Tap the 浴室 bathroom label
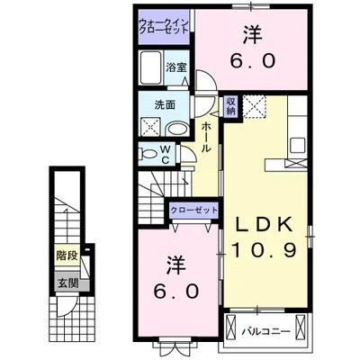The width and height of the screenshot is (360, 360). pyautogui.click(x=175, y=66)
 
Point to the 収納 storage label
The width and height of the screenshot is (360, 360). pyautogui.click(x=230, y=106)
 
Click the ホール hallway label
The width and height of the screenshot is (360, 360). pyautogui.click(x=206, y=139)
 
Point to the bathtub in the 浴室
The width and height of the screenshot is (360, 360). pyautogui.click(x=150, y=67)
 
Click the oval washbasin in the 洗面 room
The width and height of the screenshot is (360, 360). pyautogui.click(x=178, y=127)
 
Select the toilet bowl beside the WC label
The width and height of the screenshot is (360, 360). pyautogui.click(x=148, y=153)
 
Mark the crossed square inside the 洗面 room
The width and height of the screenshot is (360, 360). pyautogui.click(x=148, y=127)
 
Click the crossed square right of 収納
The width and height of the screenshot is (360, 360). pyautogui.click(x=254, y=106)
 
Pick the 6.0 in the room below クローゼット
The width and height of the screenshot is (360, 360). pyautogui.click(x=176, y=292)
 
